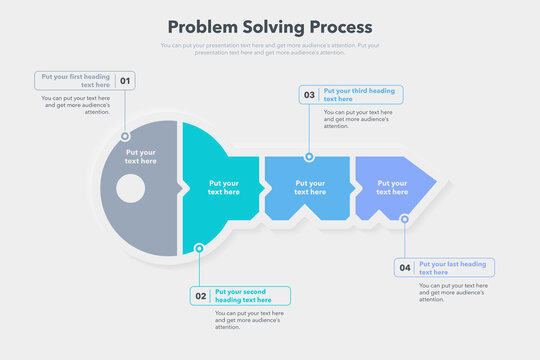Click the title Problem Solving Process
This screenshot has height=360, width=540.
tap(270, 27)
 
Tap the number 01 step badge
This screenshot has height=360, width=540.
tap(125, 81)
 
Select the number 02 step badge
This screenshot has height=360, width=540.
tap(201, 296)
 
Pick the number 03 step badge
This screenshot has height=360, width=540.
tap(309, 95)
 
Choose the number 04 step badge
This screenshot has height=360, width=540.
tap(405, 268)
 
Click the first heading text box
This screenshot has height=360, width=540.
tap(76, 81)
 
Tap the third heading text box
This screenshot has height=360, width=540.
tap(360, 95)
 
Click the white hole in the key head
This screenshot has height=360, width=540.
tap(130, 187)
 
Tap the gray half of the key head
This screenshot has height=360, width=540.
tap(140, 215)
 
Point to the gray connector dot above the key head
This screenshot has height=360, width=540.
tap(125, 135)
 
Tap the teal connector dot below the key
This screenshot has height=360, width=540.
tap(200, 248)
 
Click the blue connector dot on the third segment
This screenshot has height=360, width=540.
tap(309, 157)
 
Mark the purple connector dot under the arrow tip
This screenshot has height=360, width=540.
tap(405, 219)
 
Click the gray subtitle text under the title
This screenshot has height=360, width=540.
tap(270, 48)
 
